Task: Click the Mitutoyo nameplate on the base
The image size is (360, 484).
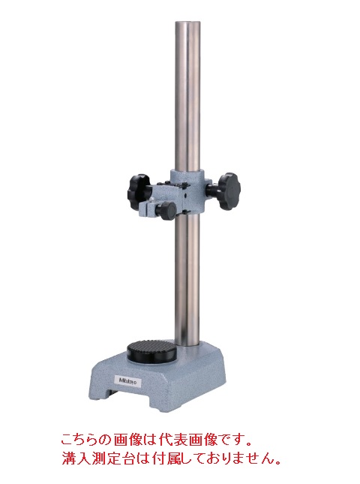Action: click(129, 381)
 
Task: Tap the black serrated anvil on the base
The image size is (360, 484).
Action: click(152, 352)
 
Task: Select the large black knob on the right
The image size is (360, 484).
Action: click(229, 191)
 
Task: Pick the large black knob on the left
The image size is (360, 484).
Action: click(139, 191)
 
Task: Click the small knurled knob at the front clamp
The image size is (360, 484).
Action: click(166, 211)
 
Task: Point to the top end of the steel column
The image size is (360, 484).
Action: click(187, 23)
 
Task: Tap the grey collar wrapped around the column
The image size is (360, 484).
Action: click(187, 191)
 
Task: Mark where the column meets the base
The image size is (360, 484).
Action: click(187, 344)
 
